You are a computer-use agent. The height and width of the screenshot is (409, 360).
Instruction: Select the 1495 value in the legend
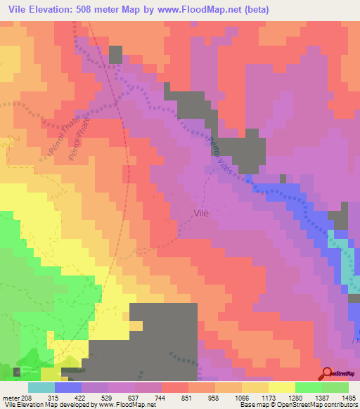pyautogui.click(x=348, y=397)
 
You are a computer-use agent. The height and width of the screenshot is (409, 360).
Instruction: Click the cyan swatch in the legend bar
pyautogui.click(x=41, y=387)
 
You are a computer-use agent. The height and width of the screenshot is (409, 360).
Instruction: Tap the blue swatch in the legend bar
pyautogui.click(x=68, y=387)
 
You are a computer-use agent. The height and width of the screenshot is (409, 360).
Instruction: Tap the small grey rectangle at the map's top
pyautogui.click(x=115, y=55)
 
